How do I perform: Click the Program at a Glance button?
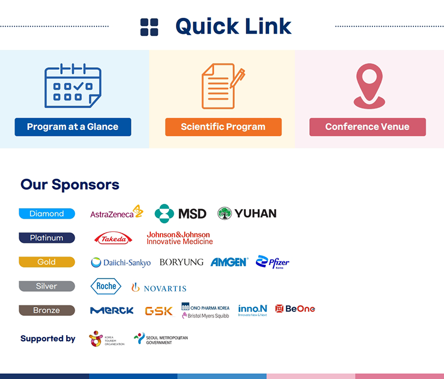pyautogui.click(x=73, y=127)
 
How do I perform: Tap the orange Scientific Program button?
pyautogui.click(x=223, y=127)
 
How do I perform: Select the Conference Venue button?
pyautogui.click(x=367, y=127)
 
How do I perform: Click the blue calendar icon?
pyautogui.click(x=73, y=86)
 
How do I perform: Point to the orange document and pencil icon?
pyautogui.click(x=223, y=86)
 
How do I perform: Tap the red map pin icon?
pyautogui.click(x=369, y=85)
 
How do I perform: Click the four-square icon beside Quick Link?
pyautogui.click(x=149, y=27)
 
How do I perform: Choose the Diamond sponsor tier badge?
pyautogui.click(x=47, y=214)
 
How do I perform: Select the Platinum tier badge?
pyautogui.click(x=47, y=237)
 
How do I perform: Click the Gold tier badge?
pyautogui.click(x=47, y=262)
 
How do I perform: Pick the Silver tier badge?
pyautogui.click(x=47, y=286)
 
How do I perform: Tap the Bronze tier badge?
pyautogui.click(x=47, y=310)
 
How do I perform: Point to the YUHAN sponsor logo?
pyautogui.click(x=247, y=213)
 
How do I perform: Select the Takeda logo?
pyautogui.click(x=113, y=239)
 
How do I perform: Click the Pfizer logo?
pyautogui.click(x=273, y=262)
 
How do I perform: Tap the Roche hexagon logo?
pyautogui.click(x=105, y=286)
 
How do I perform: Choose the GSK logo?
pyautogui.click(x=159, y=311)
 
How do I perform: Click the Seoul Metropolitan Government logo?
pyautogui.click(x=161, y=338)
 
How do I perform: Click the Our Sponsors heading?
pyautogui.click(x=70, y=184)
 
